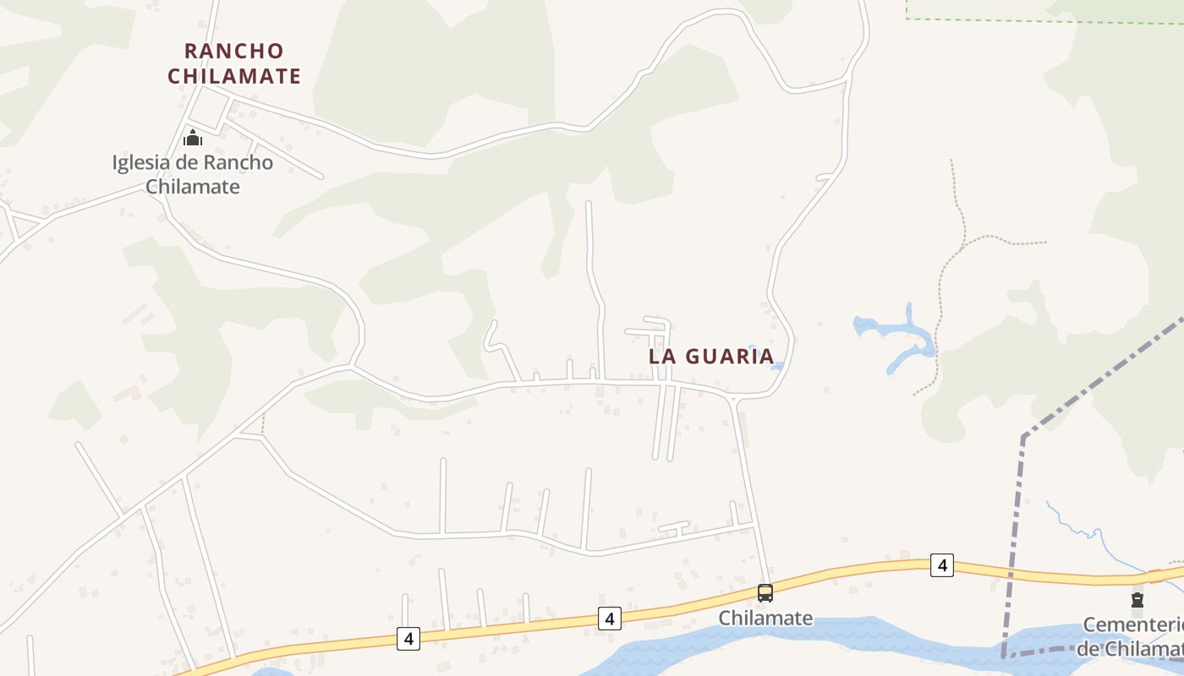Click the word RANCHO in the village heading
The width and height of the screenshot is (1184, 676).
[x=234, y=51]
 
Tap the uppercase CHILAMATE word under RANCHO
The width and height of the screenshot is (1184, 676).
[x=234, y=76]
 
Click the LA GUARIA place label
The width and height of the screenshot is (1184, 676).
[x=711, y=356]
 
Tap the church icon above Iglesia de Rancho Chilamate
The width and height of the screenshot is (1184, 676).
[x=193, y=137]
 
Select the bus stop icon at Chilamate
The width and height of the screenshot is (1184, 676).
[x=765, y=593]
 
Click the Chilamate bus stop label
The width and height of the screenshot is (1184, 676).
[x=765, y=619]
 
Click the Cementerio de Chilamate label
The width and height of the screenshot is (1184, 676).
[x=1133, y=636]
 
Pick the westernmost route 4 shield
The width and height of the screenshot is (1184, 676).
[x=408, y=638]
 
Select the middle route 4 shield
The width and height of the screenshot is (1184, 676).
[x=609, y=618]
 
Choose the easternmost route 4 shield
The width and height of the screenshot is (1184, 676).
[x=942, y=564]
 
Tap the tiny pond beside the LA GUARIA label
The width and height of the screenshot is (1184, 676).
[x=777, y=366]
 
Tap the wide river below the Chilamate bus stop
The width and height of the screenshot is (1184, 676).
[x=761, y=646]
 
